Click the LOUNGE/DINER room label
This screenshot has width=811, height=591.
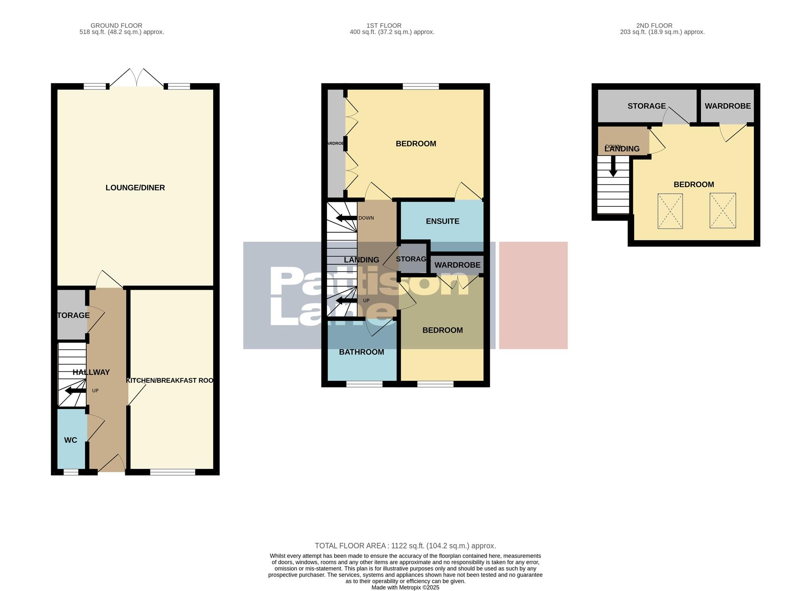pyautogui.click(x=135, y=188)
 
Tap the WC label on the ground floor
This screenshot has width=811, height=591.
pyautogui.click(x=70, y=440)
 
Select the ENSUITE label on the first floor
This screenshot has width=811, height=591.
pyautogui.click(x=442, y=221)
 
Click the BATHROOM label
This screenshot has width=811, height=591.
pyautogui.click(x=361, y=352)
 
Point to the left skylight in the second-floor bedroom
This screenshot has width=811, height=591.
pyautogui.click(x=670, y=211)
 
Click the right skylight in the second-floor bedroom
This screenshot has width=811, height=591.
pyautogui.click(x=723, y=211)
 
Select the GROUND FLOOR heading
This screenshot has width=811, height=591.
pyautogui.click(x=116, y=25)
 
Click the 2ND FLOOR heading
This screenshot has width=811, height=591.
pyautogui.click(x=654, y=25)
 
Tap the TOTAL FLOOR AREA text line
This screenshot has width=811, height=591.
pyautogui.click(x=405, y=546)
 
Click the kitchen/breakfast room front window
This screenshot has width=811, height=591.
pyautogui.click(x=172, y=472)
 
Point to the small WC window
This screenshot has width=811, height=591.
pyautogui.click(x=71, y=472)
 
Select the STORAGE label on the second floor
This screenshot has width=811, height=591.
pyautogui.click(x=646, y=106)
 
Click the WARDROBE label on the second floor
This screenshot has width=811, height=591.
pyautogui.click(x=727, y=106)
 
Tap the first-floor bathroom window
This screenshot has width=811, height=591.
pyautogui.click(x=364, y=384)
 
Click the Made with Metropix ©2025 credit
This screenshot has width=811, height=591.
pyautogui.click(x=405, y=587)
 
